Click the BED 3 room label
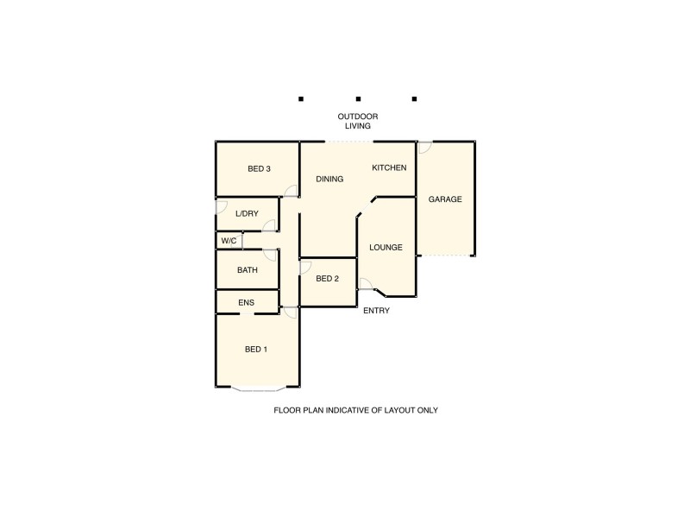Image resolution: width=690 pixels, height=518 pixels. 259,168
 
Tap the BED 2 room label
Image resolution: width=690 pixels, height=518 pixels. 327,278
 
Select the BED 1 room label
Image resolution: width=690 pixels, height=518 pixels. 256,349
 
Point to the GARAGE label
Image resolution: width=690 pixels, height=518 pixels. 445,199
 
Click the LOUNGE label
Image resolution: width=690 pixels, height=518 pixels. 386,247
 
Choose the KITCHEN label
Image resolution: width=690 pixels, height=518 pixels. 389,167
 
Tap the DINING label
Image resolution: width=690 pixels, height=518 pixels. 329,180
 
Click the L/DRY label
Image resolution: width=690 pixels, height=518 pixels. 247,213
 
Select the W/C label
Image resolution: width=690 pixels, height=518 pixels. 229,241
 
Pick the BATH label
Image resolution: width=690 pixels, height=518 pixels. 248,270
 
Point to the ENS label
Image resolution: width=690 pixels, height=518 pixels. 247,302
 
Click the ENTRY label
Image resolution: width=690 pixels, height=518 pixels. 376,311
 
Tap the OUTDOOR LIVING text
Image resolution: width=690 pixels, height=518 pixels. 358,121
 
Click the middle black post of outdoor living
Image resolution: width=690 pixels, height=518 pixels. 358,99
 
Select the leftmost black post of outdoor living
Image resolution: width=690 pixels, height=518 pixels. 301,99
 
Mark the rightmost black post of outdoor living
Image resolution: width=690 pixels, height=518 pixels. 415,99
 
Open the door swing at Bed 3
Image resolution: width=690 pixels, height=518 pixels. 292,191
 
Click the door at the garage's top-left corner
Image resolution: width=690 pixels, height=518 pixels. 424,148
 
